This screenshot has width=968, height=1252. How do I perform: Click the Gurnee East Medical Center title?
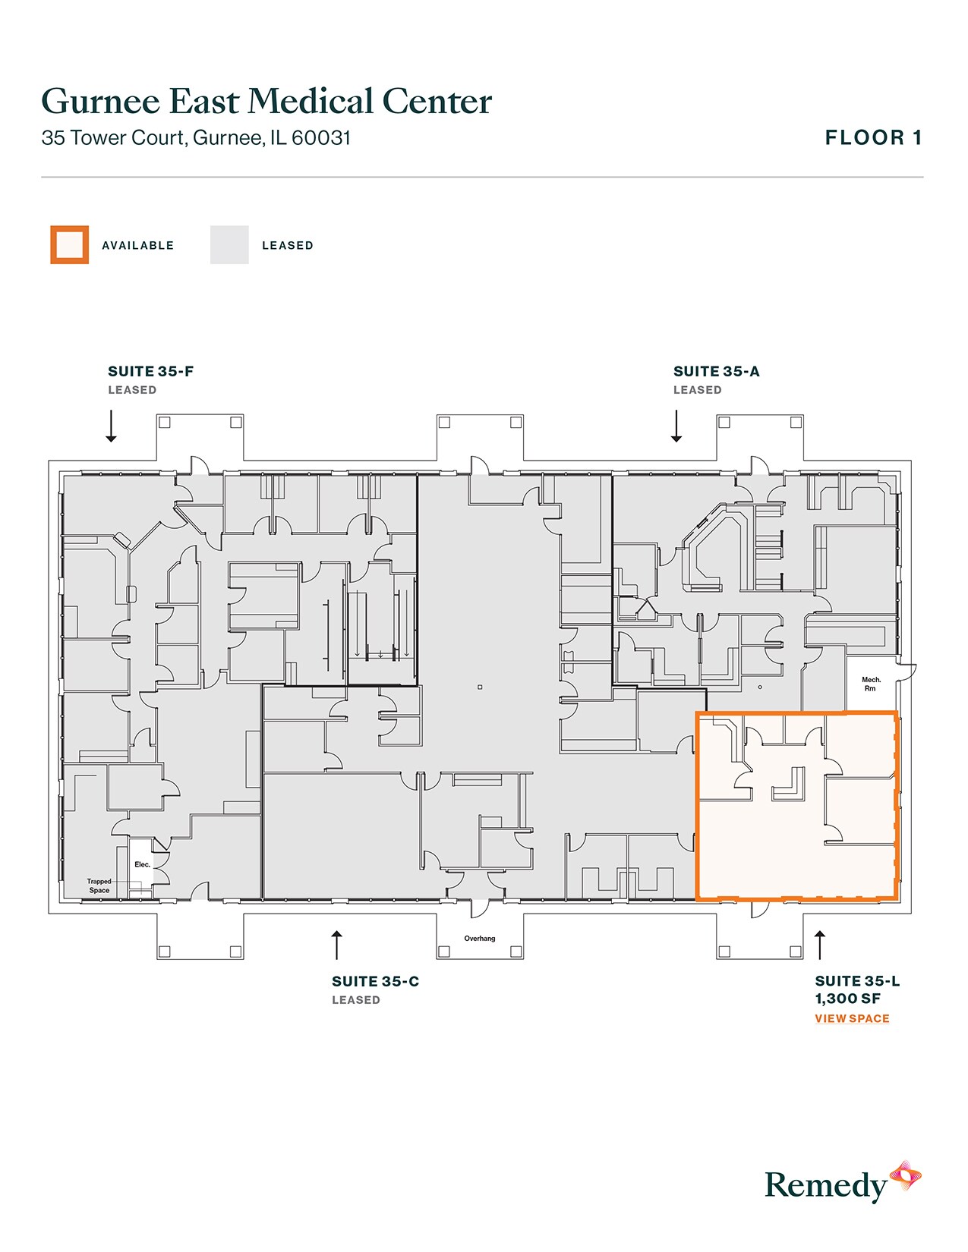266,102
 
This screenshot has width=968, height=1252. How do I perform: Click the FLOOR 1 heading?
873,138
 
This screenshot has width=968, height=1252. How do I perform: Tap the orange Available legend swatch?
70,245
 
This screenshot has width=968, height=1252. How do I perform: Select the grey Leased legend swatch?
229,245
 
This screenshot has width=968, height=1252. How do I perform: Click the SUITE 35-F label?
150,372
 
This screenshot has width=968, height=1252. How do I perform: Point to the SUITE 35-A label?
716,372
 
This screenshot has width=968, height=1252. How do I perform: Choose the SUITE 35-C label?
375,982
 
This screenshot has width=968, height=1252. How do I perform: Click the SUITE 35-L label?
857,982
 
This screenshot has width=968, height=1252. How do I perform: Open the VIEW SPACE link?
852,1019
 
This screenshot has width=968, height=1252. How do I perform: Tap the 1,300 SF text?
847,999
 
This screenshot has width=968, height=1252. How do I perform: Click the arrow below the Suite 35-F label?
111,426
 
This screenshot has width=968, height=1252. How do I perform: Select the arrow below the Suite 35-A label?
676,426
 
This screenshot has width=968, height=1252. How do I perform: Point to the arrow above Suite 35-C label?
337,945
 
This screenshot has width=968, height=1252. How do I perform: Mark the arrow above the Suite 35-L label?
819,945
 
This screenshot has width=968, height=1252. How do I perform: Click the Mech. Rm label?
871,684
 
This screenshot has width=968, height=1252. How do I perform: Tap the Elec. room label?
142,865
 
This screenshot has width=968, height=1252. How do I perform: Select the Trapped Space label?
99,886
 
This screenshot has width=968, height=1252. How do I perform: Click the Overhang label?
480,939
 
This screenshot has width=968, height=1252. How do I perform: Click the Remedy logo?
842,1184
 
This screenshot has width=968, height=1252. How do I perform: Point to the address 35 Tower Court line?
196,138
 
